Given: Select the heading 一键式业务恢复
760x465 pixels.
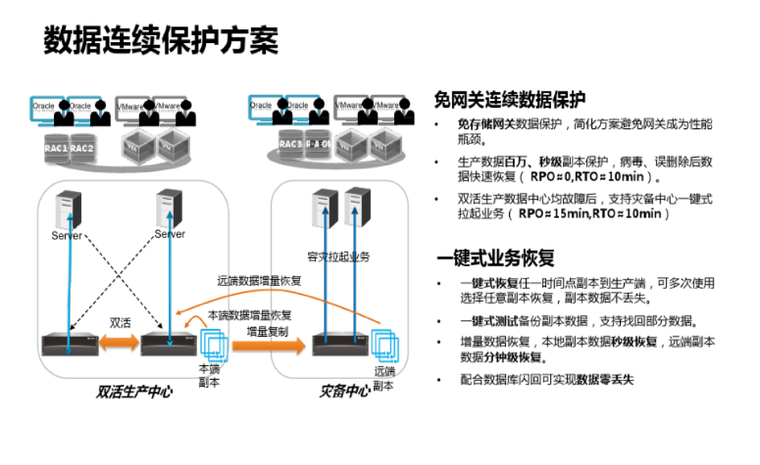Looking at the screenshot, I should coord(495,258).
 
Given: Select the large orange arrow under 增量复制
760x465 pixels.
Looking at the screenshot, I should coord(268,346).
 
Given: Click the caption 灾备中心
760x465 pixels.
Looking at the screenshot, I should coord(345,391).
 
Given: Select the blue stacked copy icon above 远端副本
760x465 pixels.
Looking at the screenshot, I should coord(385,345).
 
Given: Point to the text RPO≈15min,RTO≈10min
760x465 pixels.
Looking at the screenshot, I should coord(590,214).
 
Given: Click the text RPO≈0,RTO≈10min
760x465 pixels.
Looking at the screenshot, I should coord(587,177).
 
